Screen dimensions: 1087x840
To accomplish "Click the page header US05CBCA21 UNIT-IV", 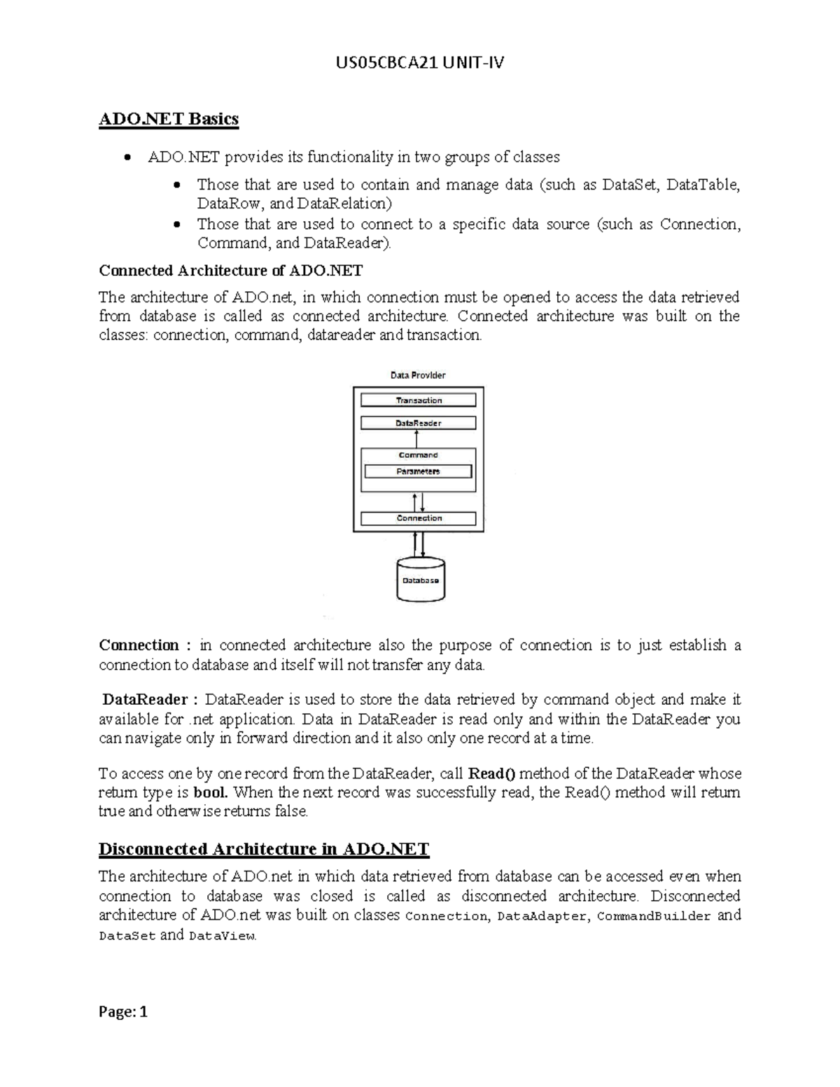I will tap(419, 64).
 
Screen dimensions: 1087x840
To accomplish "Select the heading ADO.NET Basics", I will tap(169, 119).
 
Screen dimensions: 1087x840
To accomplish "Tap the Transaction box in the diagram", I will tap(418, 400).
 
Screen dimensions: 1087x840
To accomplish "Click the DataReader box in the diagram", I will tap(418, 423).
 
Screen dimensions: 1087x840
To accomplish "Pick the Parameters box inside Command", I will tap(418, 472).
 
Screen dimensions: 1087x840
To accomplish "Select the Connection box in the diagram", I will tap(418, 519).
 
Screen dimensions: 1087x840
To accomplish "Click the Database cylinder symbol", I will tap(421, 580).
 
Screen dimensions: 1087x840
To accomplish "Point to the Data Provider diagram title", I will tap(418, 375).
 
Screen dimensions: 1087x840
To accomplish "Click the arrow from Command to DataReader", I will tap(417, 439).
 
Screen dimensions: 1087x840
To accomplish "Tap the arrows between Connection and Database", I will tap(419, 543).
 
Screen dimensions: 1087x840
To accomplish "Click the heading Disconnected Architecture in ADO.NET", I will tap(264, 849).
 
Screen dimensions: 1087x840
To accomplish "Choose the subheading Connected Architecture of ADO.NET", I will tap(231, 270).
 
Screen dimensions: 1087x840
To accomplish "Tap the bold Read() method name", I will tap(491, 773).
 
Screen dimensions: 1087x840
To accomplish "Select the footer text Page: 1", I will tap(123, 1011).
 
